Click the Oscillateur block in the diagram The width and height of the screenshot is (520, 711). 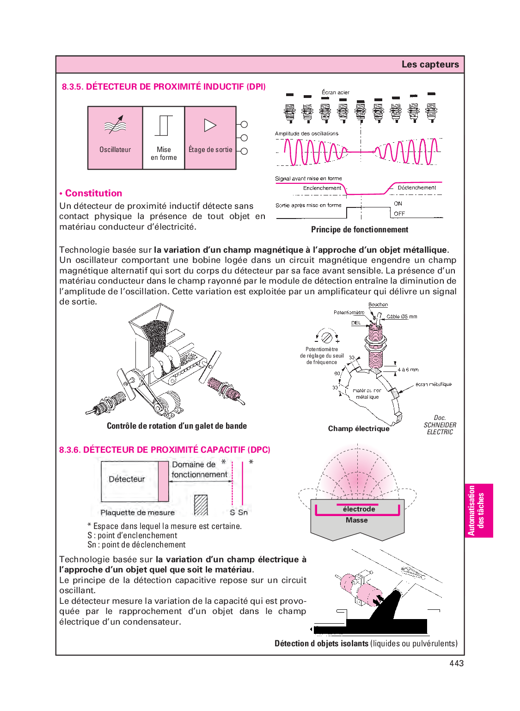tap(115, 138)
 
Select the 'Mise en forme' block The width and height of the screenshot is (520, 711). tap(164, 138)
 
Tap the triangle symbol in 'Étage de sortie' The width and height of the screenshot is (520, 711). tap(210, 125)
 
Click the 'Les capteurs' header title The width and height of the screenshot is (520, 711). tap(430, 64)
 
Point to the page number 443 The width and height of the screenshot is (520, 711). tap(456, 663)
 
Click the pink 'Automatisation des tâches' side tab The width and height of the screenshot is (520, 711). tap(478, 510)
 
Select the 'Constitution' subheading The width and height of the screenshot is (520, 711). tap(93, 193)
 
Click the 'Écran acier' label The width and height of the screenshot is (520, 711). tap(336, 92)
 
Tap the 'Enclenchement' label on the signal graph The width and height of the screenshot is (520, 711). tap(322, 188)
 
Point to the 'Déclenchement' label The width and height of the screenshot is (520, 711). tap(416, 188)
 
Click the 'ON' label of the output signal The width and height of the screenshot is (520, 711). tap(398, 204)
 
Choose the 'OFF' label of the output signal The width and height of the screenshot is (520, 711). tap(399, 214)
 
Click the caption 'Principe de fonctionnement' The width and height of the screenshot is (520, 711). tap(360, 230)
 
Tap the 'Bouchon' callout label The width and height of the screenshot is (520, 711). tap(378, 305)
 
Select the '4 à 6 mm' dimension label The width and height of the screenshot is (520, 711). tap(408, 370)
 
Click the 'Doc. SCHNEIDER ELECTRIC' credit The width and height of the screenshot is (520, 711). tap(440, 425)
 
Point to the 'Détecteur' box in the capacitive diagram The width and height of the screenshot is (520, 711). tap(127, 480)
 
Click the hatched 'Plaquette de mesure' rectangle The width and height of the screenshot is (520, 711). tap(201, 505)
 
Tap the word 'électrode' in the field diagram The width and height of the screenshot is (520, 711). tap(359, 509)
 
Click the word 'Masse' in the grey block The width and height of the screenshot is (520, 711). tap(356, 520)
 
